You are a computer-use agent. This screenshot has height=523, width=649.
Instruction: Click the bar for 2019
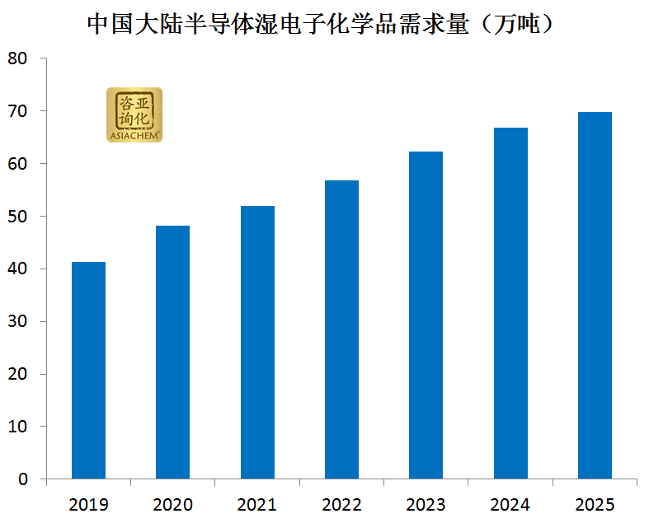(88, 370)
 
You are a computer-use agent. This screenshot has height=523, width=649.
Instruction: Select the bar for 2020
(172, 352)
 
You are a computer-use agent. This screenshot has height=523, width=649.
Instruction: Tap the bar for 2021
(257, 342)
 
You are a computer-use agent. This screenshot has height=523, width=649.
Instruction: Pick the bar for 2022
(341, 329)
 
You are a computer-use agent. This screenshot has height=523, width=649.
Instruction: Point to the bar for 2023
(426, 315)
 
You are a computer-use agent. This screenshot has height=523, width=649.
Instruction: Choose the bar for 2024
(510, 303)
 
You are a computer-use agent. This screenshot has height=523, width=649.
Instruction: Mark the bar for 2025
(595, 295)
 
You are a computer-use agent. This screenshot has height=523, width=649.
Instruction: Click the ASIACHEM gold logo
(134, 114)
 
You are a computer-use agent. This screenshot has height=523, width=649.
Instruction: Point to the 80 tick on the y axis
(18, 58)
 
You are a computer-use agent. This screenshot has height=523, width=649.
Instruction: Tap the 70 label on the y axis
(18, 111)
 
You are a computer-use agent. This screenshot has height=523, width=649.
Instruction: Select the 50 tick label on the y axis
(18, 217)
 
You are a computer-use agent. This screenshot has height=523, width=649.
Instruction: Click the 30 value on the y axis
(18, 321)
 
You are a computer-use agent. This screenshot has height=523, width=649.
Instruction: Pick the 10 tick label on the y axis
(18, 427)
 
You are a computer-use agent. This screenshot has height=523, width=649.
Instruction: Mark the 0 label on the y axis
(23, 479)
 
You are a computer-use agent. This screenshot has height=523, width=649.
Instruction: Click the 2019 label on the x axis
(88, 504)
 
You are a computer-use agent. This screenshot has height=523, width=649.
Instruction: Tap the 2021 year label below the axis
(257, 504)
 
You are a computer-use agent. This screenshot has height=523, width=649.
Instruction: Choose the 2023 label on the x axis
(426, 504)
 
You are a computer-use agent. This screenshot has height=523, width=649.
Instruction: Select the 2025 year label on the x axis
(595, 504)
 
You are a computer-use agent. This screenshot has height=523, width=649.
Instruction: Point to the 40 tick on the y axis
(18, 269)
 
